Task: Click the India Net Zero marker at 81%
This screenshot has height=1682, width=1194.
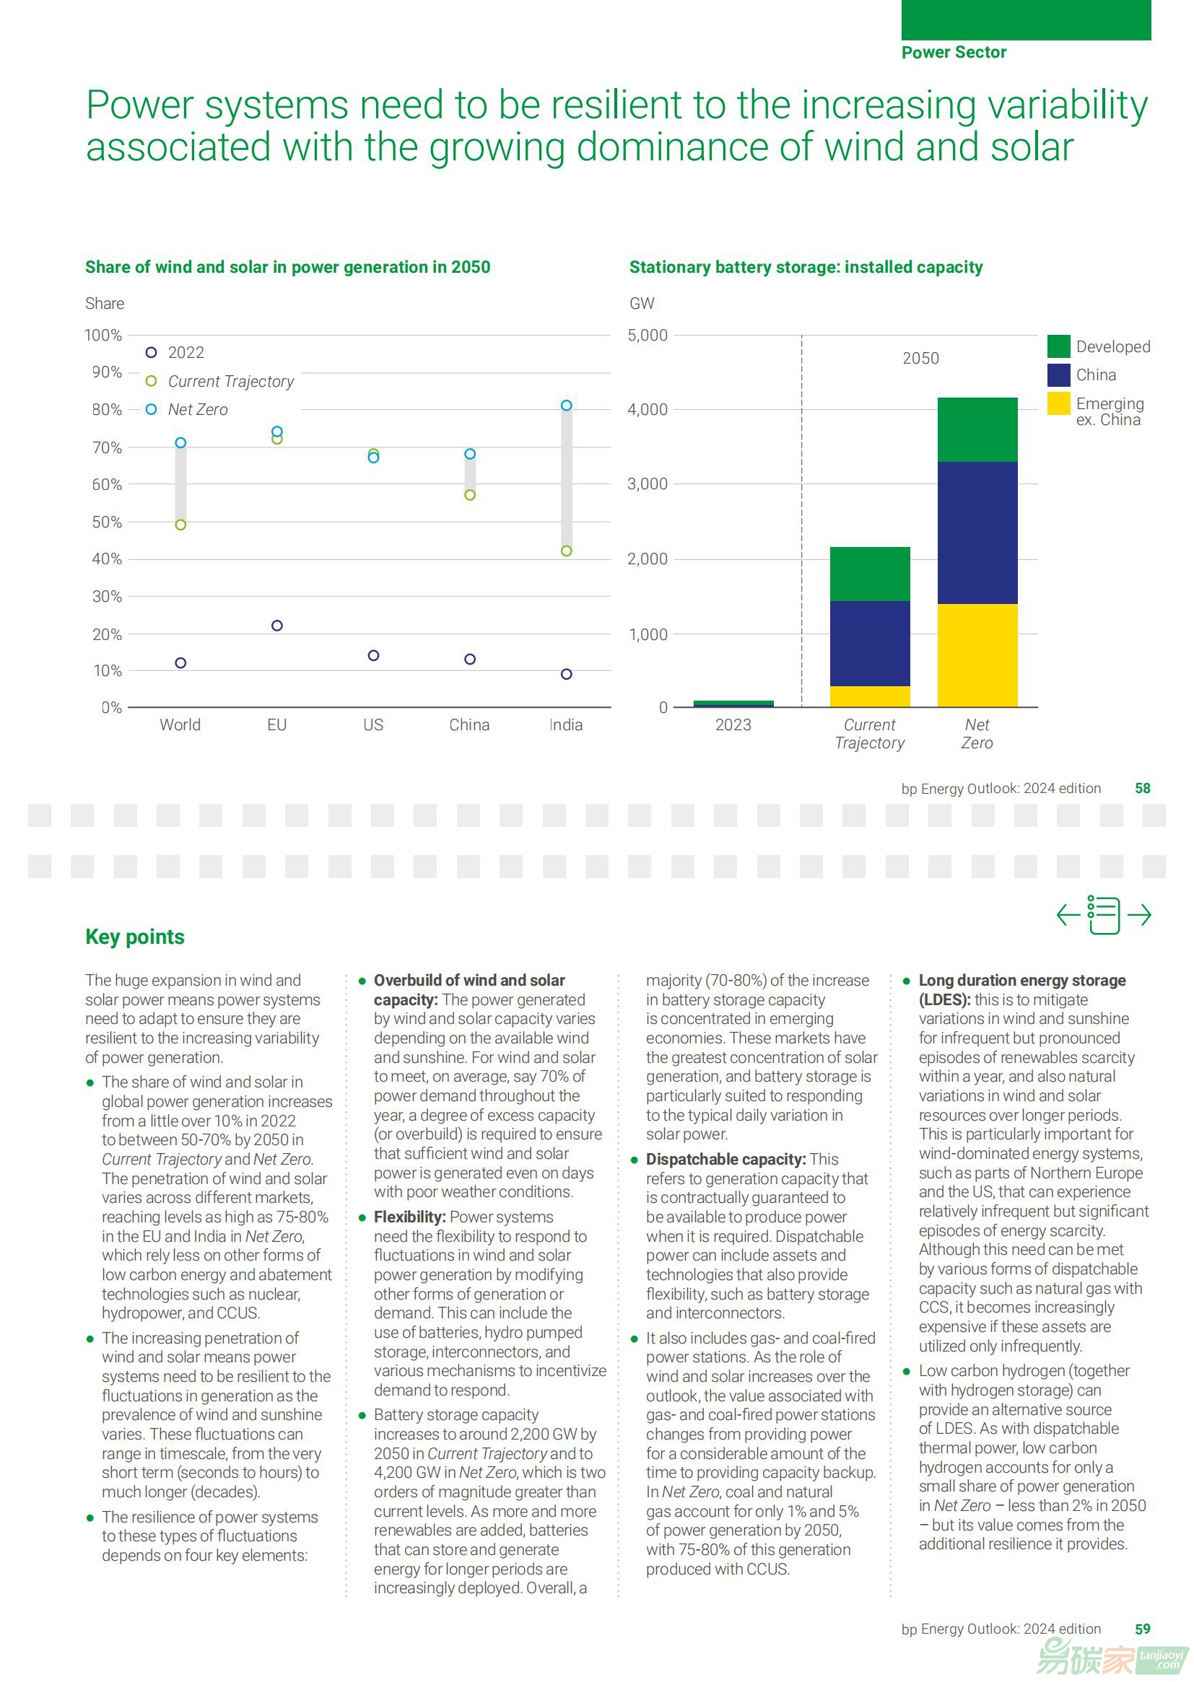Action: [566, 406]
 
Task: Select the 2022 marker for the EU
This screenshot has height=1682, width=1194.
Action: [277, 626]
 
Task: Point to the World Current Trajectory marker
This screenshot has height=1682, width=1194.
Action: [181, 525]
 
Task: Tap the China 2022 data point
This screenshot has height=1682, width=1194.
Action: [470, 659]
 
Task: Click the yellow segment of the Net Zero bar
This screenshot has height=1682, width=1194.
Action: [977, 654]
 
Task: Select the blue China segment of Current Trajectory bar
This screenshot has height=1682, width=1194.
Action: [870, 643]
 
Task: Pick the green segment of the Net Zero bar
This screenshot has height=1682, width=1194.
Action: [977, 430]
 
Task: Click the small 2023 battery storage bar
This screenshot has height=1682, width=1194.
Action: [733, 704]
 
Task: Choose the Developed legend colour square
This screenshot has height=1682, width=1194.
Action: [1058, 346]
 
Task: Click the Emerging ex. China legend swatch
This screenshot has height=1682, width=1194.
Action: [1058, 403]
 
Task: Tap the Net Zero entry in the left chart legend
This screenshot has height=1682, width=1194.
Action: [197, 409]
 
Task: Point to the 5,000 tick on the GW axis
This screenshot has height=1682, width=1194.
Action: [648, 335]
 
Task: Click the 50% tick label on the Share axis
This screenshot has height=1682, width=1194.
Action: [107, 522]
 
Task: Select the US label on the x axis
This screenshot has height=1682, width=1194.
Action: [373, 724]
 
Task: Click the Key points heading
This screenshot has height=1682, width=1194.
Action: [134, 937]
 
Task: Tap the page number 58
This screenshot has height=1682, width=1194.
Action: [1142, 789]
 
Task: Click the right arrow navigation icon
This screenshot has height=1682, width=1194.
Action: [1139, 915]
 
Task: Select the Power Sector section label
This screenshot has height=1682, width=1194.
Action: [954, 52]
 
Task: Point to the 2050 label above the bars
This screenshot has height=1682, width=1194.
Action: [920, 358]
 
